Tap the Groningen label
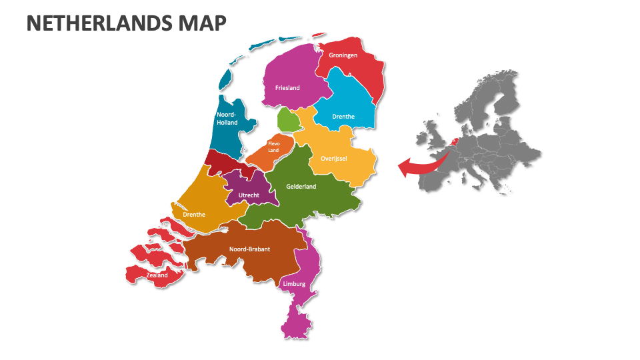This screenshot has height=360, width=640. click(x=343, y=55)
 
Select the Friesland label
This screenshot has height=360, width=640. click(x=287, y=87)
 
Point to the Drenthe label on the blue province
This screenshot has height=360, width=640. click(x=343, y=117)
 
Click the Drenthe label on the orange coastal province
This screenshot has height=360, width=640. click(x=194, y=215)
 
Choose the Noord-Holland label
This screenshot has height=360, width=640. click(x=227, y=119)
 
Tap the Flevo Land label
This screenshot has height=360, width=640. click(x=273, y=147)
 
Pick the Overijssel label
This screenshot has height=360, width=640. click(x=333, y=159)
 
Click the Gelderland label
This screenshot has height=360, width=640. click(x=301, y=187)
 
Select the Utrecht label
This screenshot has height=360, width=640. click(x=249, y=195)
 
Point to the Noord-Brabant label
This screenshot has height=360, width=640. click(x=249, y=249)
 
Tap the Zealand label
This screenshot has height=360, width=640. click(x=157, y=275)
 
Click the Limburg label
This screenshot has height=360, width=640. click(x=294, y=284)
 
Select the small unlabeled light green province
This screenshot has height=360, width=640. click(x=288, y=120)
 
